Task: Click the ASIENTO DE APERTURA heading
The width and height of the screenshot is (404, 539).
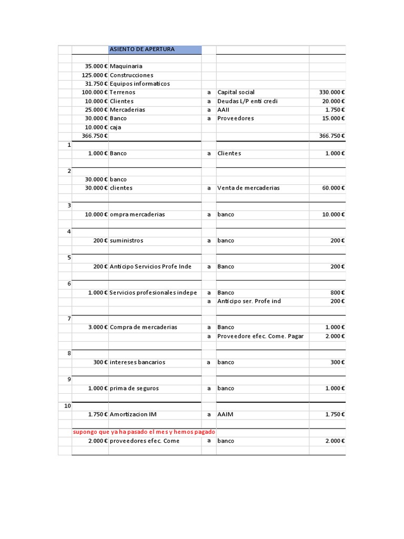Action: (x=142, y=49)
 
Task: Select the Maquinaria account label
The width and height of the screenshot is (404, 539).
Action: (x=126, y=66)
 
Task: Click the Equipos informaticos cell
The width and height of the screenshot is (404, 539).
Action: (x=139, y=84)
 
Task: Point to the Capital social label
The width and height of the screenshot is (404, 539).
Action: (x=236, y=92)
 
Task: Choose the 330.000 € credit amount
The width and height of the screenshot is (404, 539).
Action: (x=331, y=92)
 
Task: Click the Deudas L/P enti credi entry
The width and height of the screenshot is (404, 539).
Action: (x=247, y=101)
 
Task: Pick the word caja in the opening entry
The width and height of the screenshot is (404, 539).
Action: (x=115, y=127)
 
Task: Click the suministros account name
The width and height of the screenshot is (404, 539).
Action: (x=126, y=241)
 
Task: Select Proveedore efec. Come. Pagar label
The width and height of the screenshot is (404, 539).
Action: (x=260, y=336)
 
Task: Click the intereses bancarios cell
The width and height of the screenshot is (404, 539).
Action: (x=137, y=362)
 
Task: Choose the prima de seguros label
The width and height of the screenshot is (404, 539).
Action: (x=134, y=388)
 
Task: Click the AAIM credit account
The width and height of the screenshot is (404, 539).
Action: (x=225, y=414)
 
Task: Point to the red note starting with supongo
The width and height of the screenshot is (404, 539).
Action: (x=144, y=432)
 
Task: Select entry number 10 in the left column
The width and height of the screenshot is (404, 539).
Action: (x=67, y=406)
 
